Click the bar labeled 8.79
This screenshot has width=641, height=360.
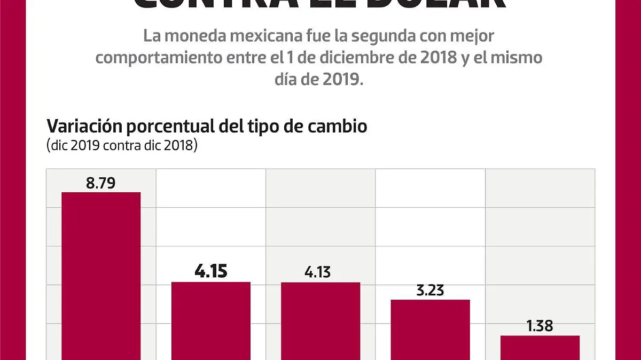101,275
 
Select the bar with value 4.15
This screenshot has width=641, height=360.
211,320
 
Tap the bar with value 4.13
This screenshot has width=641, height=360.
320,320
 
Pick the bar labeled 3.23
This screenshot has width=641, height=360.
431,330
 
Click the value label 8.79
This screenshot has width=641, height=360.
100,183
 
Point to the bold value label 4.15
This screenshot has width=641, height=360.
211,271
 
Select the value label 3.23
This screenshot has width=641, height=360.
431,291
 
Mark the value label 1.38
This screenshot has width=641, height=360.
540,326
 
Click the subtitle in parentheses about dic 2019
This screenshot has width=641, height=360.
122,145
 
